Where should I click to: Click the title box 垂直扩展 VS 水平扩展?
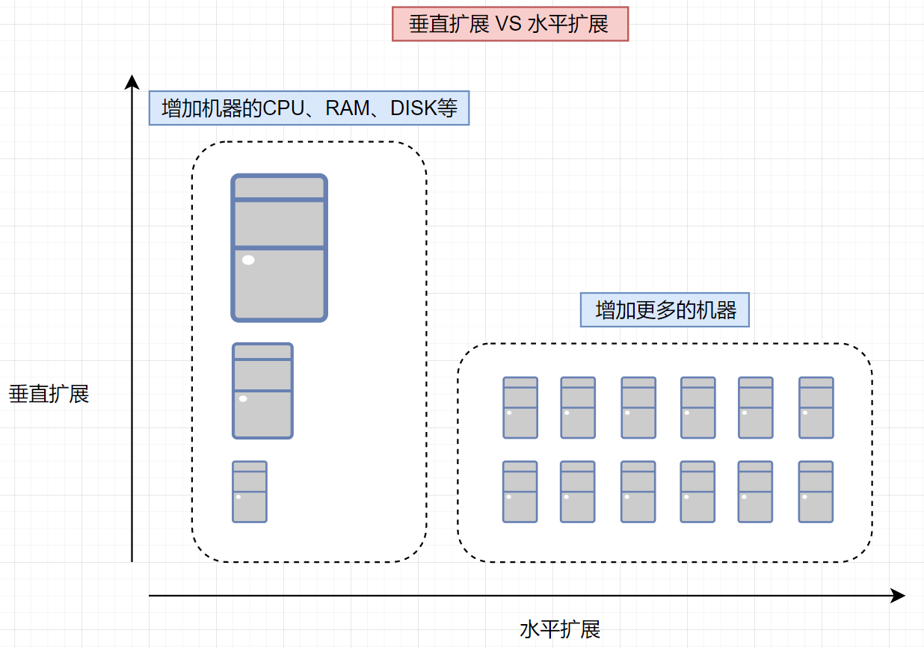pyautogui.click(x=510, y=25)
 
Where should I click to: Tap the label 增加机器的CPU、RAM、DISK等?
pyautogui.click(x=309, y=108)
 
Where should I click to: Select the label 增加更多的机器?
pyautogui.click(x=665, y=309)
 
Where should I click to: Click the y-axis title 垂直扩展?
pyautogui.click(x=49, y=394)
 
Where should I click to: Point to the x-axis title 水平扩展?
pyautogui.click(x=560, y=629)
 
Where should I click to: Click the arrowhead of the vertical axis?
pyautogui.click(x=132, y=81)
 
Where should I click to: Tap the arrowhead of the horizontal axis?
pyautogui.click(x=899, y=596)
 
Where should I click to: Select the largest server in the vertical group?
pyautogui.click(x=279, y=247)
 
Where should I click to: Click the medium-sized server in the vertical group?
pyautogui.click(x=262, y=390)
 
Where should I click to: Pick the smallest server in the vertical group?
pyautogui.click(x=250, y=491)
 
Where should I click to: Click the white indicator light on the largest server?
pyautogui.click(x=248, y=260)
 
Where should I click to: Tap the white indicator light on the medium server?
pyautogui.click(x=242, y=399)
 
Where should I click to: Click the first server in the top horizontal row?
pyautogui.click(x=520, y=407)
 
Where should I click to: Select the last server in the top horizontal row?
pyautogui.click(x=816, y=407)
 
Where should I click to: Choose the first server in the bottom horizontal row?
pyautogui.click(x=520, y=491)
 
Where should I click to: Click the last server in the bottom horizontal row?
pyautogui.click(x=816, y=491)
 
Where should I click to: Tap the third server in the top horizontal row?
pyautogui.click(x=638, y=407)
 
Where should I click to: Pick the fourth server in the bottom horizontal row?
pyautogui.click(x=697, y=491)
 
